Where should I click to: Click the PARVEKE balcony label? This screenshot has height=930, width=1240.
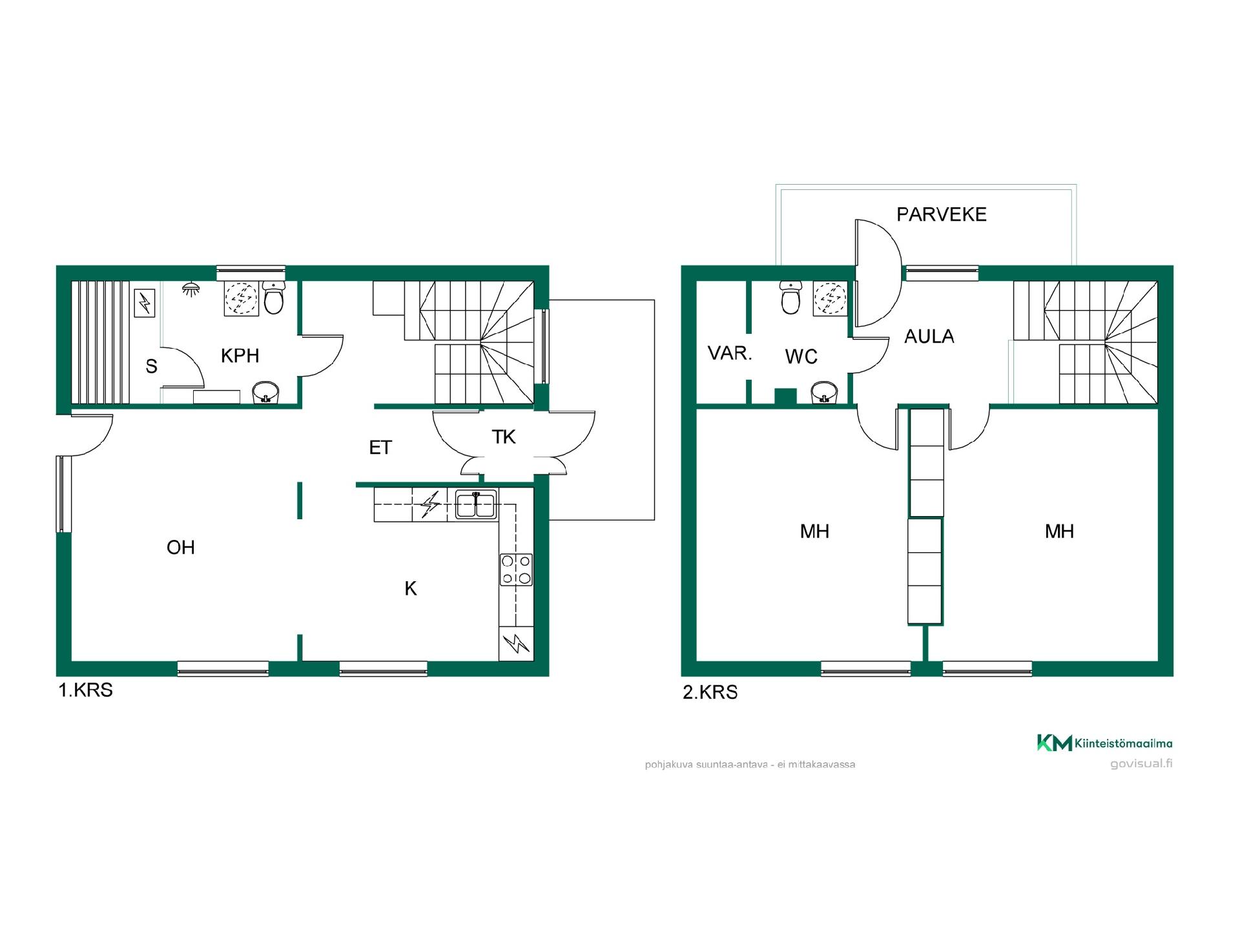pyautogui.click(x=941, y=214)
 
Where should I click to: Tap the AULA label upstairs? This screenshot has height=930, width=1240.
pyautogui.click(x=929, y=336)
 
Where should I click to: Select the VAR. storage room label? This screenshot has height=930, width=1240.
pyautogui.click(x=730, y=353)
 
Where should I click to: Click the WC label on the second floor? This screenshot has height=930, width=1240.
pyautogui.click(x=801, y=356)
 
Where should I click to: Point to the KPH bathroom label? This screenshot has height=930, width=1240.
pyautogui.click(x=240, y=356)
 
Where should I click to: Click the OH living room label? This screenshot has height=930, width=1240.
pyautogui.click(x=180, y=548)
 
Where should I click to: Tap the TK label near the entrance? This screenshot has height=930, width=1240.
pyautogui.click(x=504, y=437)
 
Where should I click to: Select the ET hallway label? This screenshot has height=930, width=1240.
pyautogui.click(x=380, y=448)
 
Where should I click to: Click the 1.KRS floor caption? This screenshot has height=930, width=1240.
pyautogui.click(x=85, y=690)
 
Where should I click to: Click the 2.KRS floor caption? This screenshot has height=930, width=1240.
pyautogui.click(x=710, y=692)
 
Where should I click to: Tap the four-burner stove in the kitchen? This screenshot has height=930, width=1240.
pyautogui.click(x=516, y=570)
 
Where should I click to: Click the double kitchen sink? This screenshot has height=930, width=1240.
pyautogui.click(x=476, y=504)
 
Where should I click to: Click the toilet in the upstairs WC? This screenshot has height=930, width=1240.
pyautogui.click(x=790, y=298)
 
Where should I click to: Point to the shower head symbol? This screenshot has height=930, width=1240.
pyautogui.click(x=190, y=289)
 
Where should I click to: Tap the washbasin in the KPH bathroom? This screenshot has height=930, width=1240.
pyautogui.click(x=265, y=392)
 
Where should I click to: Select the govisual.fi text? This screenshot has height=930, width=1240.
pyautogui.click(x=1141, y=764)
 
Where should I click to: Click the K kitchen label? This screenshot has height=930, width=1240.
pyautogui.click(x=411, y=589)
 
